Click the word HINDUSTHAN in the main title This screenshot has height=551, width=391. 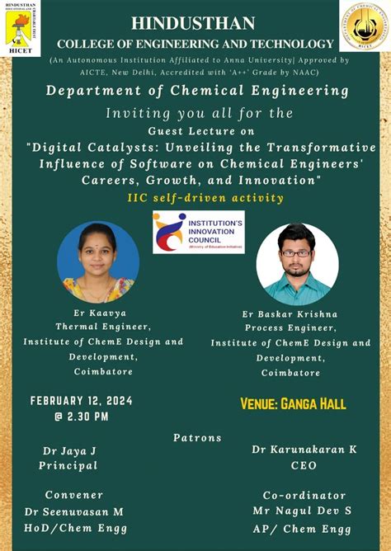[195, 23]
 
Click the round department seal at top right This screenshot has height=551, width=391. [365, 26]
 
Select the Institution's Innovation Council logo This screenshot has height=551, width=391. [198, 233]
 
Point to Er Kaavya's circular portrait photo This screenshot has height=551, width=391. [98, 263]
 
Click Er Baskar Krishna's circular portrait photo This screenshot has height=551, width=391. [297, 265]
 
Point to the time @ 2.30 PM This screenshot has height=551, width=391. [82, 417]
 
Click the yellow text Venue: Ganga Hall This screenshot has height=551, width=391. [293, 405]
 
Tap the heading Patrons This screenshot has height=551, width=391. [197, 437]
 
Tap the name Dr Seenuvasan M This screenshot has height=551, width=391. [73, 511]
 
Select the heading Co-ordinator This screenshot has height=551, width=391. [304, 496]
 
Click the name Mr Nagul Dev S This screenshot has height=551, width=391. [307, 511]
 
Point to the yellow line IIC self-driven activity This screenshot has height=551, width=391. [195, 198]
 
